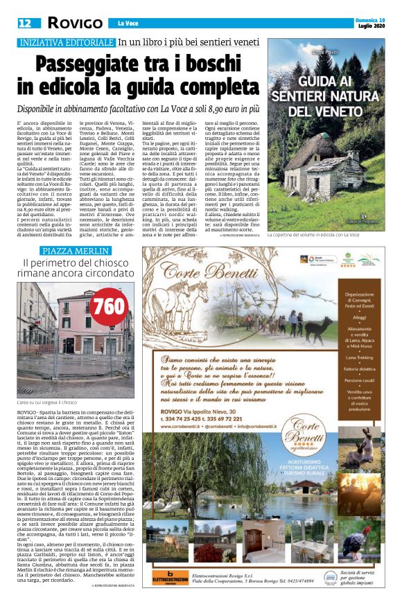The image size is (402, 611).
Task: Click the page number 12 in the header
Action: coord(24,24)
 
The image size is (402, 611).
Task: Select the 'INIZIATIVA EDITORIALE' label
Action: coord(66,42)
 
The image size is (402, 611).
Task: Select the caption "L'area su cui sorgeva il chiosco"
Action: coord(46,402)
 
